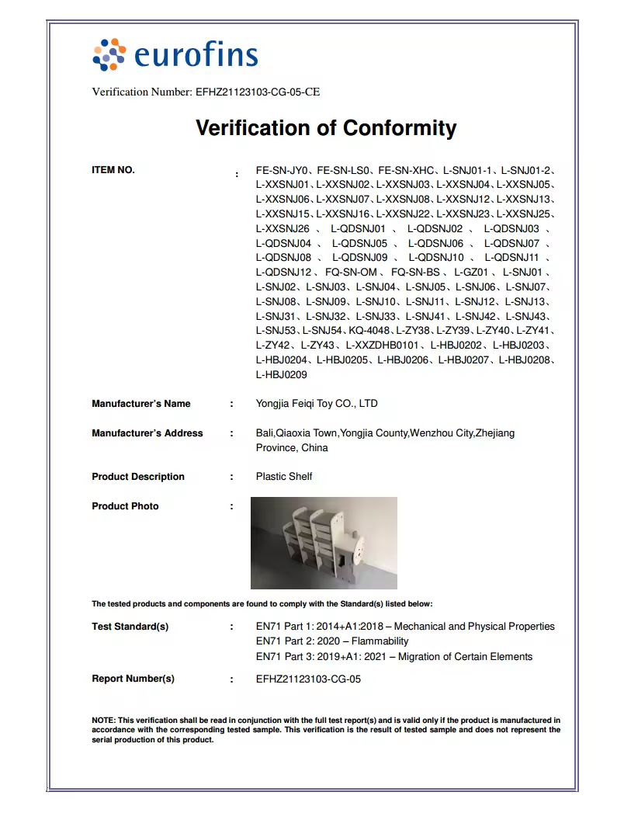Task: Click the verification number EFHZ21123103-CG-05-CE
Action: click(255, 92)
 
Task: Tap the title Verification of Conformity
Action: click(326, 127)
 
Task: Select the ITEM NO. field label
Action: click(113, 170)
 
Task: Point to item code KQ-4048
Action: click(370, 331)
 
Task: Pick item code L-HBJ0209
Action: click(282, 375)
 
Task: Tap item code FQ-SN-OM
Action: click(351, 273)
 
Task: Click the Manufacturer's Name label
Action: click(141, 404)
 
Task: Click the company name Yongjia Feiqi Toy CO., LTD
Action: click(317, 404)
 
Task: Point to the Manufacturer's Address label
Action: click(147, 433)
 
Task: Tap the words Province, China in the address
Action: click(292, 448)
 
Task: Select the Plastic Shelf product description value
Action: click(284, 477)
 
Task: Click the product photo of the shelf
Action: click(324, 543)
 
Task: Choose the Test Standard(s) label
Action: click(130, 627)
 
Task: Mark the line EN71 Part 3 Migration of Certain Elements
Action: click(394, 657)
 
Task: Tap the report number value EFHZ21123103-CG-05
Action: click(308, 679)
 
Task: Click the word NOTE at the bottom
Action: click(103, 721)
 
